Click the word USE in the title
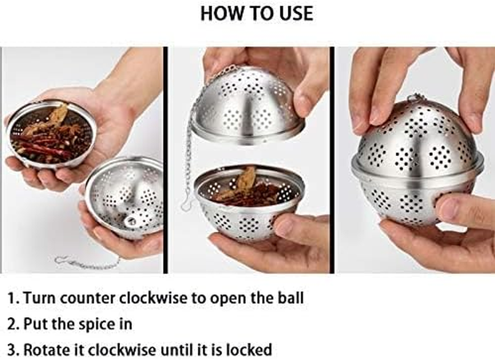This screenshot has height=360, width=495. point(294,13)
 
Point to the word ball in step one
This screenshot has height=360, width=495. point(289,298)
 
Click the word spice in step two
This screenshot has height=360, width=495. point(95,324)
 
